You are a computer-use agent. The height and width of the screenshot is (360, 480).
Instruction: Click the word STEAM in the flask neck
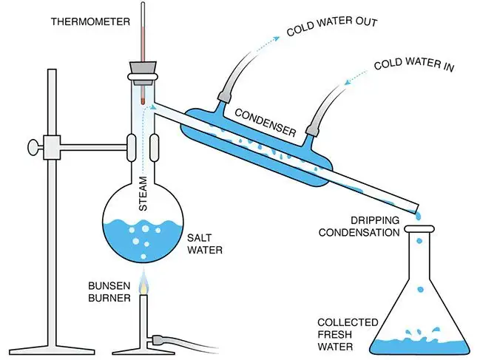coord(144,194)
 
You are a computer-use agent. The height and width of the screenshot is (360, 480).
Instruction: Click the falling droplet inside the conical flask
coord(420,289)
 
